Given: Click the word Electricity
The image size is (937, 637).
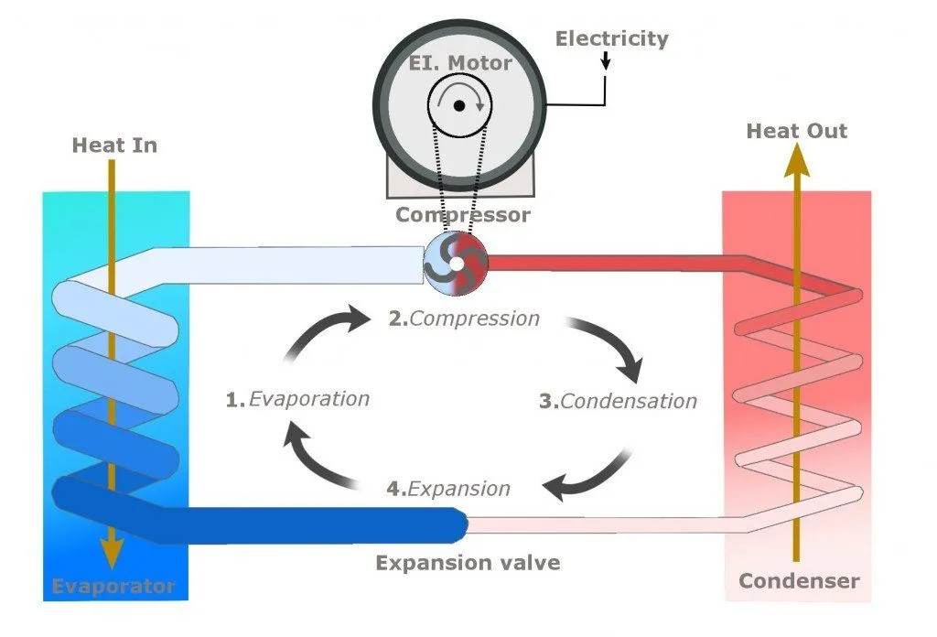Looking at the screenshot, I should [x=612, y=38].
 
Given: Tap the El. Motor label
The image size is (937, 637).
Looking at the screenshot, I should [x=459, y=64].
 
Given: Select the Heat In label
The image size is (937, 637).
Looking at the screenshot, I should [x=114, y=145].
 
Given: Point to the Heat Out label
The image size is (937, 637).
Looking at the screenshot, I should [x=797, y=131].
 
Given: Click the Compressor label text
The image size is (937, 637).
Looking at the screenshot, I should [x=462, y=215].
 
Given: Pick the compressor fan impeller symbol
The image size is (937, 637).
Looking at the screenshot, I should [x=456, y=265].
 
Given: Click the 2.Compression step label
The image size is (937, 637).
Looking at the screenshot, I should [x=464, y=319].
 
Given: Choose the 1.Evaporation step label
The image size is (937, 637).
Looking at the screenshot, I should [x=297, y=399].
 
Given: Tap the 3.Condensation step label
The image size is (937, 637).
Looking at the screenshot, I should [x=618, y=401].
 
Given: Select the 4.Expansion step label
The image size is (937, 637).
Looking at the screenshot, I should [x=448, y=488].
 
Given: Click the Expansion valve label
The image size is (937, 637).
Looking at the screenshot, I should [x=468, y=562].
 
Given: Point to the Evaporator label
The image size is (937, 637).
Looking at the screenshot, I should [x=113, y=586].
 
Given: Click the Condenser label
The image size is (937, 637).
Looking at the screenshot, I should [x=799, y=581].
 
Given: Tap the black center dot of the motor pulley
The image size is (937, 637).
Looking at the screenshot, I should [x=459, y=106].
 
